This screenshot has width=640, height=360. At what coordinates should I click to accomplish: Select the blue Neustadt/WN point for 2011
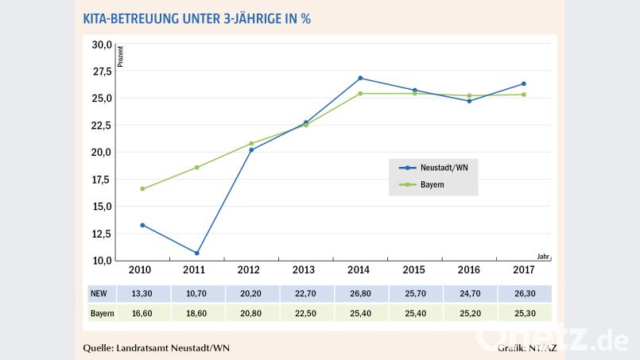click(x=196, y=253)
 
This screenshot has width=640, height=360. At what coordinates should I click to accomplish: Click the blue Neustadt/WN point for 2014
click(x=360, y=78)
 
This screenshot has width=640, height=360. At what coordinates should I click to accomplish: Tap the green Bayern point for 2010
click(x=142, y=188)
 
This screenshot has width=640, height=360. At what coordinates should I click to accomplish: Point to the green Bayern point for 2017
click(x=523, y=95)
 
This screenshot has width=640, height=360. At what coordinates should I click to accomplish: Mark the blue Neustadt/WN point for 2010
click(x=142, y=225)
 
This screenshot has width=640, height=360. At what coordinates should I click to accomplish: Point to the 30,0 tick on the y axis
click(x=101, y=45)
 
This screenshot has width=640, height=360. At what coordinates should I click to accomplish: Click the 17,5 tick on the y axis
click(x=101, y=180)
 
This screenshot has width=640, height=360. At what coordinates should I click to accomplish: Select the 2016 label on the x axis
click(x=468, y=270)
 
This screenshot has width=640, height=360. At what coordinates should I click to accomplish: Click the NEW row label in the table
click(x=99, y=293)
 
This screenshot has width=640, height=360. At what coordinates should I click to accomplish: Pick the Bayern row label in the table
click(x=102, y=314)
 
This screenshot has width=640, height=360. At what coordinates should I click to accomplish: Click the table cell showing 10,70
click(x=196, y=293)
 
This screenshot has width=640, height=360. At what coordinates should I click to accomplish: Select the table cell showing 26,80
click(x=360, y=293)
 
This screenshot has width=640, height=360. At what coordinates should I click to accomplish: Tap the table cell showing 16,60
click(x=142, y=314)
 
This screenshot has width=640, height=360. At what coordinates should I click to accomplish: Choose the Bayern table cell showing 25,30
click(x=523, y=314)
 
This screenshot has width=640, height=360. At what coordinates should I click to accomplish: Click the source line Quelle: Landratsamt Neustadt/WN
click(x=159, y=348)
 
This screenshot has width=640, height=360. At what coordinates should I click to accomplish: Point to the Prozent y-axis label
click(x=120, y=57)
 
